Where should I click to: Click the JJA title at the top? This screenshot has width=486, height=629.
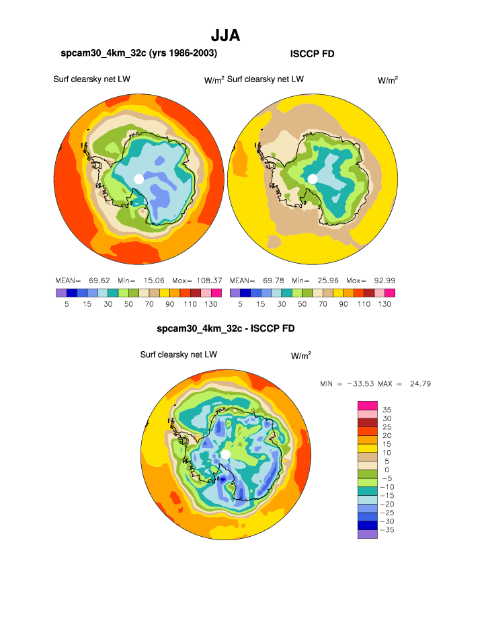click(x=225, y=35)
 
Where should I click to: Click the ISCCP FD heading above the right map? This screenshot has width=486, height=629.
click(x=312, y=54)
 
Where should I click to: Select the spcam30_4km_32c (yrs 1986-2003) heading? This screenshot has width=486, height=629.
click(x=139, y=53)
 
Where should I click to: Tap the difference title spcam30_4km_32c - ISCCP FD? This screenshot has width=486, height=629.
click(x=225, y=328)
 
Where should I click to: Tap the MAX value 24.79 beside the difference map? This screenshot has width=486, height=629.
click(x=419, y=383)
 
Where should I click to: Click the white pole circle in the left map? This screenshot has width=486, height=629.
click(x=138, y=178)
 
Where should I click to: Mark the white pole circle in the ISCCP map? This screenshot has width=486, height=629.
click(x=313, y=178)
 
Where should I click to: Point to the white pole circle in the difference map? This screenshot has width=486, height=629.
click(x=226, y=455)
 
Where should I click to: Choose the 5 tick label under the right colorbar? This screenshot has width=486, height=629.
click(x=241, y=304)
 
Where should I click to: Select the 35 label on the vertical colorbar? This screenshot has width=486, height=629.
click(x=387, y=409)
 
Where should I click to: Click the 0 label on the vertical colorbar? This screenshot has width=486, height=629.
click(x=387, y=470)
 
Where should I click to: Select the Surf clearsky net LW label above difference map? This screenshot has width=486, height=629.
click(x=178, y=355)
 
